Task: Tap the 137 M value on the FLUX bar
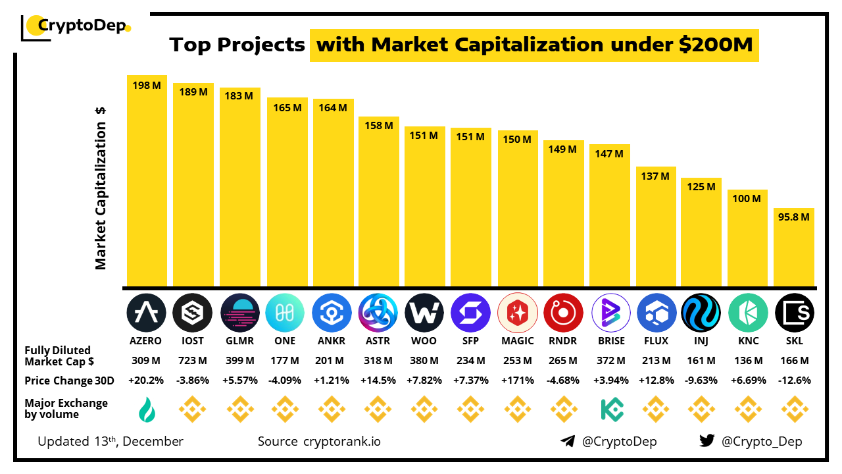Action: tap(656, 176)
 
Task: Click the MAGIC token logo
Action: tap(518, 313)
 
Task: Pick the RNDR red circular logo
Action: tap(564, 313)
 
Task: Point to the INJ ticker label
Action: tap(701, 341)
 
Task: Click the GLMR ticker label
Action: tap(239, 341)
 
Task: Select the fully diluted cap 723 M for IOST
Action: tap(193, 361)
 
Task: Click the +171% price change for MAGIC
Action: tap(518, 381)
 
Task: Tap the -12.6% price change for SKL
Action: tap(794, 381)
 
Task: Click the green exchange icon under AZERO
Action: tap(147, 409)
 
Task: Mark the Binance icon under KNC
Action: tap(748, 409)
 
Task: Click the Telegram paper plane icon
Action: tap(568, 441)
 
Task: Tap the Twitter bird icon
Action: tap(707, 441)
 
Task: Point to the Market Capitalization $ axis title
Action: tap(101, 188)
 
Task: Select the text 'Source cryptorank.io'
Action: tap(318, 441)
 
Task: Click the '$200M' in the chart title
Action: tap(716, 45)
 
